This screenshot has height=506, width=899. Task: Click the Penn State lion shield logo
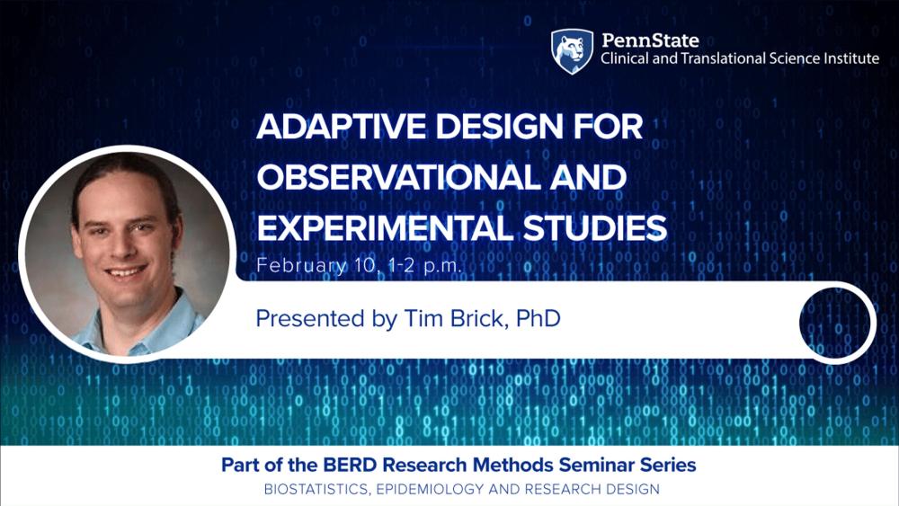tap(572, 50)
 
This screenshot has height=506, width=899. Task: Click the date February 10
tap(311, 266)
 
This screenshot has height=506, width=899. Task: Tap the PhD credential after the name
tap(539, 319)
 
